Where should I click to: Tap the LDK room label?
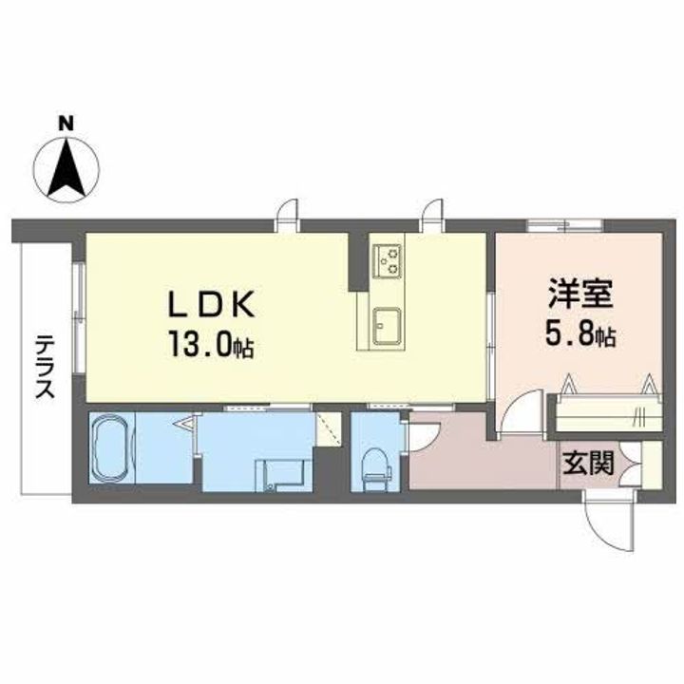[212, 304]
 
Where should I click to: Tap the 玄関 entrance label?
[587, 465]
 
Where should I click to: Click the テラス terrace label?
[44, 366]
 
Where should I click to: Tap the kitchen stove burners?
[388, 259]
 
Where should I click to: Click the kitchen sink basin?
[386, 326]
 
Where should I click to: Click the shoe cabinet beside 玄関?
[650, 465]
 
